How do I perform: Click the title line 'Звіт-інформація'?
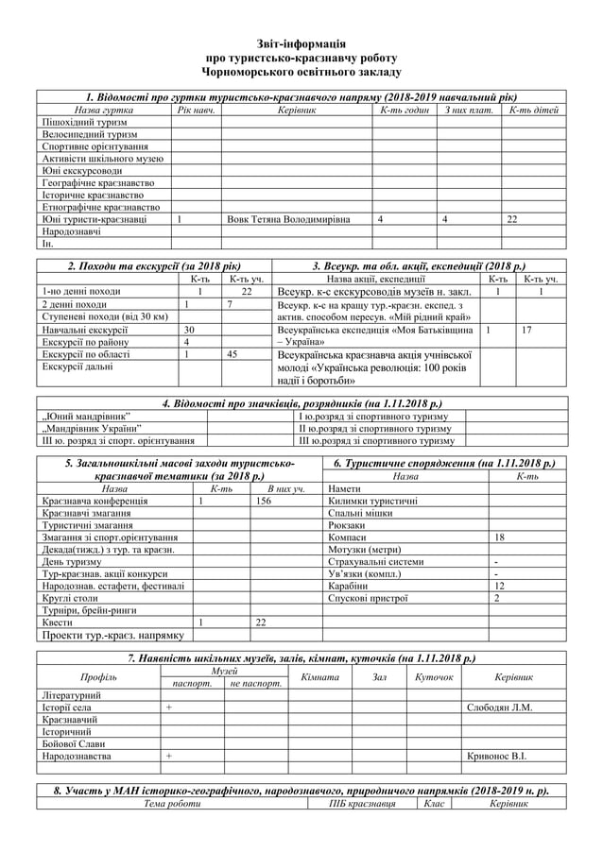point(301,43)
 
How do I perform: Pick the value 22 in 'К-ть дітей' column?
point(511,219)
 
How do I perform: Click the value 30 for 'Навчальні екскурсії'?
point(189,330)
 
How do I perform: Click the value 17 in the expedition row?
point(526,330)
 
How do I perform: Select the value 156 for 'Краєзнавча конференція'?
point(265,501)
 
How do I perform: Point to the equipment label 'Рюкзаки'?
point(346,524)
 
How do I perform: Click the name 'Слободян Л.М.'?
point(500,707)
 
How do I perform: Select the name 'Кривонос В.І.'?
point(499,756)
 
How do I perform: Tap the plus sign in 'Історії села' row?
point(169,707)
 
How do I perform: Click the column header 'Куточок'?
point(434,677)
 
